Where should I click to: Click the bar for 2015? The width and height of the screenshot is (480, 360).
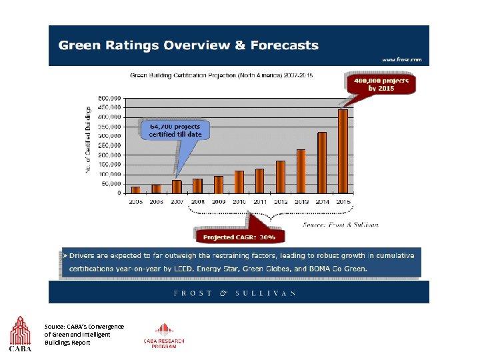[x=343, y=151]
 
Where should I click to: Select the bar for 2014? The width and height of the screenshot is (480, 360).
[x=322, y=163]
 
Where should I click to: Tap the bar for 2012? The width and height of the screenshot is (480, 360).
[x=281, y=177]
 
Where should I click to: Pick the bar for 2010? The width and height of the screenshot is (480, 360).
[x=239, y=182]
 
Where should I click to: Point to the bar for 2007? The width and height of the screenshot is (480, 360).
[x=177, y=187]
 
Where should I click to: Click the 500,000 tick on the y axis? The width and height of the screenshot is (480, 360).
[x=111, y=97]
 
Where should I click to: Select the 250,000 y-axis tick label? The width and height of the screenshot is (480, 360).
[x=111, y=145]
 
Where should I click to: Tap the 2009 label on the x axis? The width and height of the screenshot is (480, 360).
[x=218, y=201]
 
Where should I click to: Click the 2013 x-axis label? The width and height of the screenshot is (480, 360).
[x=301, y=201]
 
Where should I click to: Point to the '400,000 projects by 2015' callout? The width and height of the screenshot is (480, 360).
[x=381, y=84]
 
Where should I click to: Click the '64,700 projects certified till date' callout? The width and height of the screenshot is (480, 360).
[x=175, y=129]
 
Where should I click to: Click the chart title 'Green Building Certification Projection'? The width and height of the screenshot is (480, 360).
[x=220, y=75]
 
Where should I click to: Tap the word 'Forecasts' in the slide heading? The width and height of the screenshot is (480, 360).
[x=281, y=45]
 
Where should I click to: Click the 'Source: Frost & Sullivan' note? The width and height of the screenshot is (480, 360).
[x=340, y=225]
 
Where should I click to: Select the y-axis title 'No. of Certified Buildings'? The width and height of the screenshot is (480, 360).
[x=88, y=141]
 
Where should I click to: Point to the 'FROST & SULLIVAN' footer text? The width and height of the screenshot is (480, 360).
[x=234, y=293]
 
